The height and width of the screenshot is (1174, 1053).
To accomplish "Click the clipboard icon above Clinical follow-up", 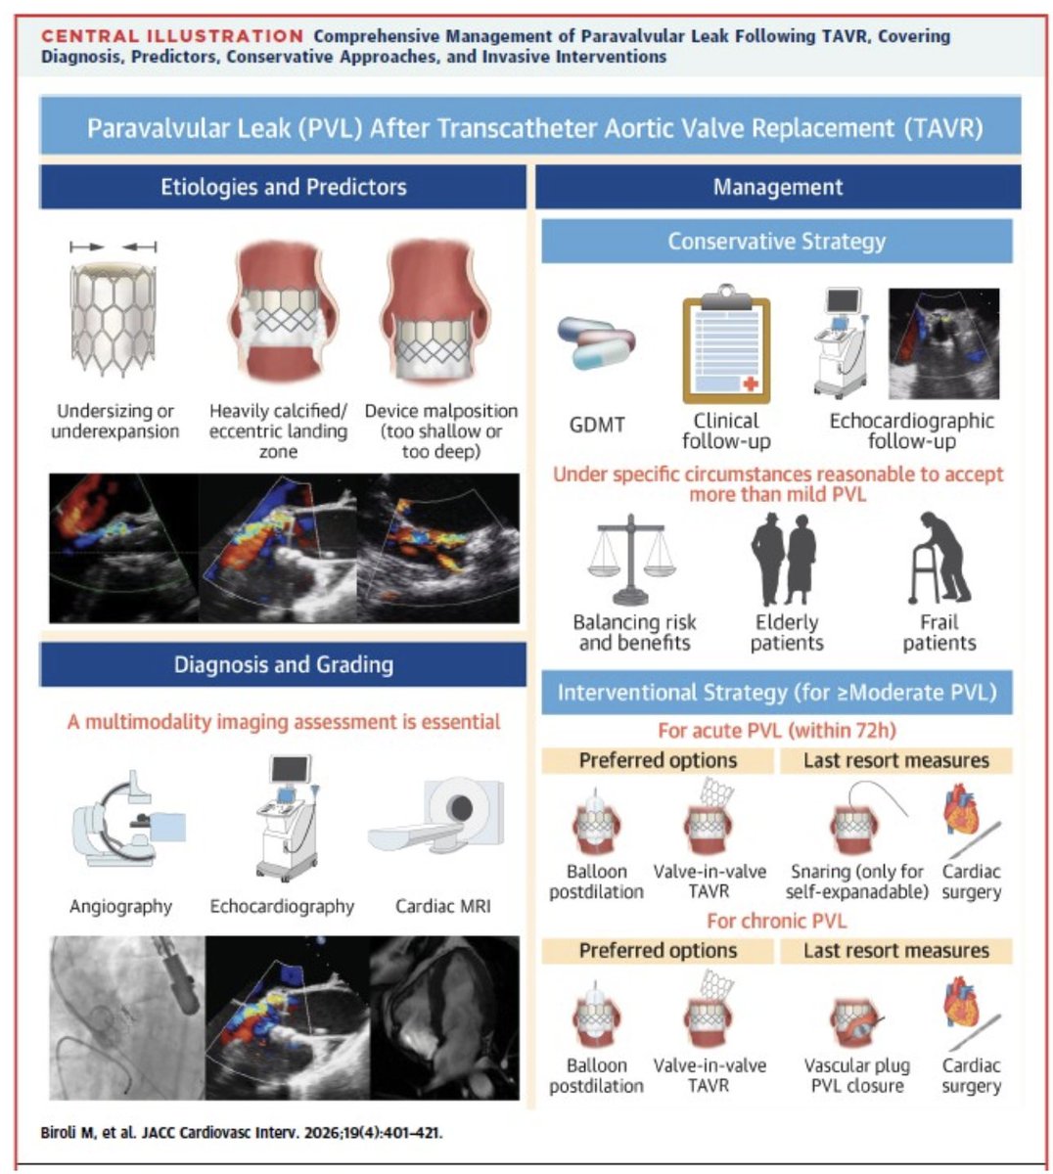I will pyautogui.click(x=725, y=344).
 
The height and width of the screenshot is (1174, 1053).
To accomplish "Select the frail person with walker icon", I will pyautogui.click(x=939, y=560).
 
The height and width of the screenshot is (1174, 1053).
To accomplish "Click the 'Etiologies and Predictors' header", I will pyautogui.click(x=283, y=187).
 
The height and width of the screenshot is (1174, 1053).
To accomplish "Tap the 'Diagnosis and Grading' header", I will pyautogui.click(x=283, y=665).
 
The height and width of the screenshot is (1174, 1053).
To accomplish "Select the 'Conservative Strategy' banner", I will pyautogui.click(x=776, y=242).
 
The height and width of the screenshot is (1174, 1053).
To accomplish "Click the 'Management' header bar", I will pyautogui.click(x=777, y=187).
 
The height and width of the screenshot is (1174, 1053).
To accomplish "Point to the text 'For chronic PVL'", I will pyautogui.click(x=776, y=921).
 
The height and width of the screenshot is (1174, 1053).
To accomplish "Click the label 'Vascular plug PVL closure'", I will pyautogui.click(x=856, y=1075).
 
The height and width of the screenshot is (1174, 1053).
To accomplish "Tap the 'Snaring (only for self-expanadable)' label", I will pyautogui.click(x=856, y=881).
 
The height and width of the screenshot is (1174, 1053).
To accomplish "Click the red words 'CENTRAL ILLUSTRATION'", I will pyautogui.click(x=172, y=36).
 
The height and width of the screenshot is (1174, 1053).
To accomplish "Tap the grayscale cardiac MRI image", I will pyautogui.click(x=444, y=1016).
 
